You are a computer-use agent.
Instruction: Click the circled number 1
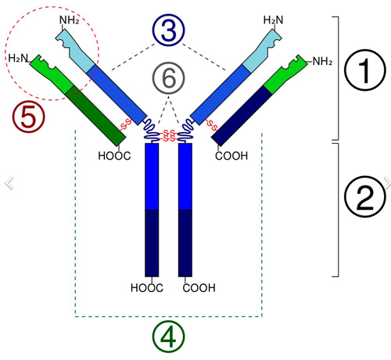click(364, 70)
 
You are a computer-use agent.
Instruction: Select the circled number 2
click(364, 196)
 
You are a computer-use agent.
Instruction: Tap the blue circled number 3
click(168, 30)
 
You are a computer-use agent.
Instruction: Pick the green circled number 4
click(168, 337)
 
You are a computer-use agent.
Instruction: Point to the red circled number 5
click(29, 117)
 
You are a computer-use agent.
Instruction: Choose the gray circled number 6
click(169, 78)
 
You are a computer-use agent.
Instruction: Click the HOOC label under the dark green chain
click(114, 156)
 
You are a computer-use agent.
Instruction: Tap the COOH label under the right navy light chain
click(231, 156)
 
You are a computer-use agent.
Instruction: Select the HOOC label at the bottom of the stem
click(147, 288)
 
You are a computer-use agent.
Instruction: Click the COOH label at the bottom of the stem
click(199, 288)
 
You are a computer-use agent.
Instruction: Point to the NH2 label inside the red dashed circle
click(69, 20)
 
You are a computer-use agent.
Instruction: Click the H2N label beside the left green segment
click(18, 58)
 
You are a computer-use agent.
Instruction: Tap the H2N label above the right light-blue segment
click(273, 20)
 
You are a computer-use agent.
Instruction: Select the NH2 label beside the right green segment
click(322, 61)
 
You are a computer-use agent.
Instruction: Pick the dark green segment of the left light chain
click(95, 116)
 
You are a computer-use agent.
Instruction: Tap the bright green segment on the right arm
click(286, 74)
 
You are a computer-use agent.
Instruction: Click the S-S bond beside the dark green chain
click(125, 124)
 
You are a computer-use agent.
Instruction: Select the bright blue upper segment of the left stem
click(152, 176)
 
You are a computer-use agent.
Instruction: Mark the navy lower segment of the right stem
click(185, 243)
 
